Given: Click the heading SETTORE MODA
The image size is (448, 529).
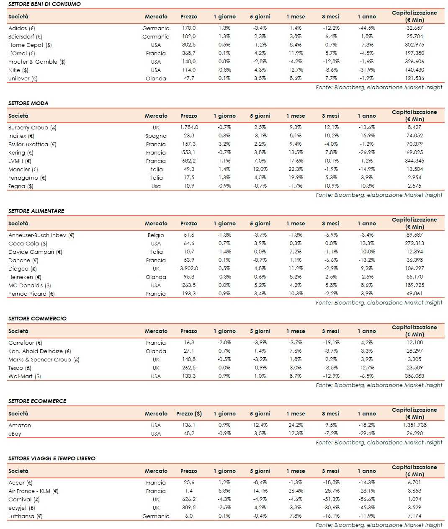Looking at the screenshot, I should (28, 103).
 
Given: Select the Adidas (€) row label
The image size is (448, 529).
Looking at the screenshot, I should (22, 28).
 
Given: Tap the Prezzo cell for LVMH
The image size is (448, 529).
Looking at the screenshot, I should (189, 161).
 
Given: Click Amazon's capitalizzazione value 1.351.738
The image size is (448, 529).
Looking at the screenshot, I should (415, 425).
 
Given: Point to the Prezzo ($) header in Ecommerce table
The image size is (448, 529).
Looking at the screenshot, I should (189, 413).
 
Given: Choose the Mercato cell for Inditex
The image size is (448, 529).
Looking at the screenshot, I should (156, 136).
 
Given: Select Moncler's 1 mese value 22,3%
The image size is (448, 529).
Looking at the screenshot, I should (296, 169).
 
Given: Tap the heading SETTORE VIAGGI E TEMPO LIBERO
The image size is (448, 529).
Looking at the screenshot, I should (52, 458).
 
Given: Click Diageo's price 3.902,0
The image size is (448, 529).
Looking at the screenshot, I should (189, 268).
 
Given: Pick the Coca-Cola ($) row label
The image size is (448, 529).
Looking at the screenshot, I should (28, 243).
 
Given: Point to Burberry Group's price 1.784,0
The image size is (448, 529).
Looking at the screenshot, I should (189, 127).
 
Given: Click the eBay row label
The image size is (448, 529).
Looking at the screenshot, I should (15, 434).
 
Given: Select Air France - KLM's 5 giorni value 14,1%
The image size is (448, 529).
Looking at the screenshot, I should (260, 491).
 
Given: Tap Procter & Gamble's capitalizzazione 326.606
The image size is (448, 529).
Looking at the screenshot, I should (415, 62).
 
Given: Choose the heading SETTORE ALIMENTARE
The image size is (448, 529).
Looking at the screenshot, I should (36, 211).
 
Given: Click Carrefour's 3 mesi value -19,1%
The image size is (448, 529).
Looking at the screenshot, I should (331, 343).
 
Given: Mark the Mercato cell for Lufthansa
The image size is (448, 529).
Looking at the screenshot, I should (156, 516).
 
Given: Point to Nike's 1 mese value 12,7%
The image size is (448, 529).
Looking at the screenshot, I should (296, 70).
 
